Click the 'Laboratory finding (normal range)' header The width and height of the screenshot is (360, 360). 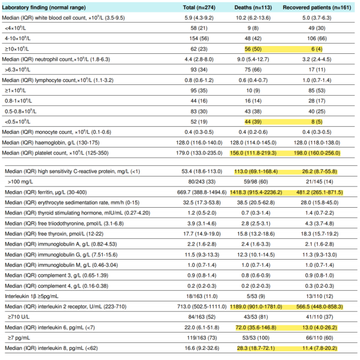(44, 8)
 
